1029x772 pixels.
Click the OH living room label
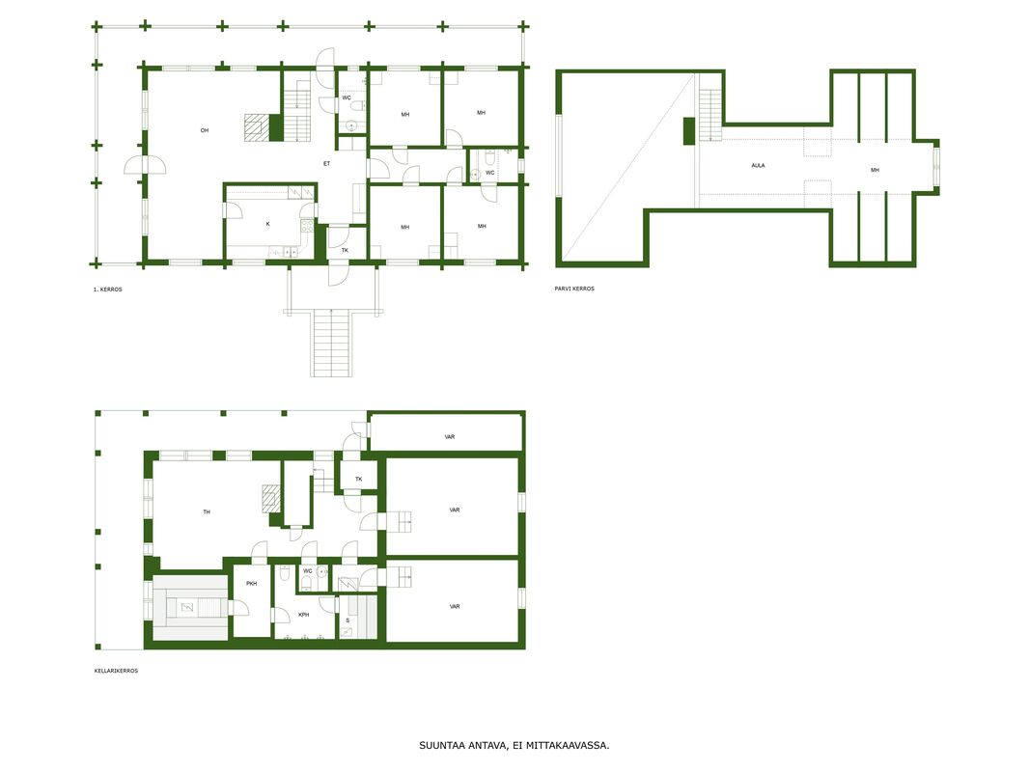point(204,130)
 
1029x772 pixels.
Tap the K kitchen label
point(267,224)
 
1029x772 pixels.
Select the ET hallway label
point(327,163)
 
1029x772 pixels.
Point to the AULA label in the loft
point(758,165)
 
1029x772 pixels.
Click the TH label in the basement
point(207,512)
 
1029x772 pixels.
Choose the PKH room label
point(251,584)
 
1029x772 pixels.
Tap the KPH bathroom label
point(303,615)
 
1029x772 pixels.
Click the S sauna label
point(348,620)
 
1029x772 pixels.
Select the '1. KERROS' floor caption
point(107,289)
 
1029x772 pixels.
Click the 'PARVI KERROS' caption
point(574,289)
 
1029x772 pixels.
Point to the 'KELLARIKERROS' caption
point(116,671)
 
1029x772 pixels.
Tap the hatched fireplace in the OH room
point(257,127)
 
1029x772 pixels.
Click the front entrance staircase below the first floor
point(331,343)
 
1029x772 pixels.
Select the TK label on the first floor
point(345,250)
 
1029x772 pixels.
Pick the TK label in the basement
point(358,479)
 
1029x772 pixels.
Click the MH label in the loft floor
point(875,170)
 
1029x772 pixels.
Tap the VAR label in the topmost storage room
point(450,436)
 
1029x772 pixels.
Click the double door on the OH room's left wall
point(145,165)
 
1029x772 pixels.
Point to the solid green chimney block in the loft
point(689,130)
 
